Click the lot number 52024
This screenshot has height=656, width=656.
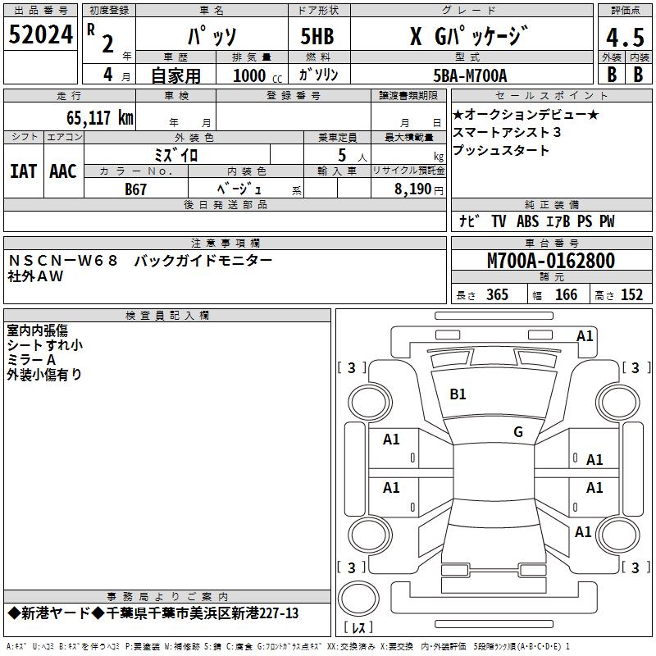[x=39, y=36]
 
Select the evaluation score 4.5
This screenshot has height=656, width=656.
[x=625, y=38]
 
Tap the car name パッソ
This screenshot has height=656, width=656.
[x=212, y=38]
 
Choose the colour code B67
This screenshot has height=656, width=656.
[x=136, y=189]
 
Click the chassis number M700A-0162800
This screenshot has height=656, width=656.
[x=550, y=261]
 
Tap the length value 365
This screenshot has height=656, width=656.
[x=497, y=295]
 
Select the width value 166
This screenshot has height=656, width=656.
[x=566, y=295]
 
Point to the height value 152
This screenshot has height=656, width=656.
[x=631, y=295]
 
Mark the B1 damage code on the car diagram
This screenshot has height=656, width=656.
[x=458, y=394]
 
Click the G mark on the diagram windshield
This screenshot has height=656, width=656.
[x=518, y=432]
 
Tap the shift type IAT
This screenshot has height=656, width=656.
[x=23, y=171]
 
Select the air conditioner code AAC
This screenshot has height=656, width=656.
[x=62, y=171]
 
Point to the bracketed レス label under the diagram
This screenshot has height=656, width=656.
[x=358, y=628]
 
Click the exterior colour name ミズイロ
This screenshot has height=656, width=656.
[x=176, y=154]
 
